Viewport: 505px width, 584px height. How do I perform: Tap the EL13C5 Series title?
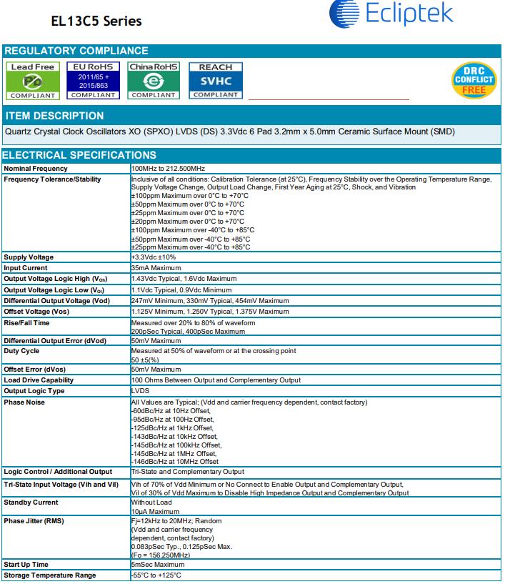(96, 21)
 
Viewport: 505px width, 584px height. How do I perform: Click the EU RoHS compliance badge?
(93, 80)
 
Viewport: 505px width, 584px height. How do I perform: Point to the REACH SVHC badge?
(215, 80)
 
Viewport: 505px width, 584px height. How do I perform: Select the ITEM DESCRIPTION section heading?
(54, 116)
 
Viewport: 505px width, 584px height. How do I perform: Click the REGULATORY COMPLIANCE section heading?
(76, 51)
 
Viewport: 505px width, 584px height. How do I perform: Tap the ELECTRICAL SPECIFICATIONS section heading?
(80, 155)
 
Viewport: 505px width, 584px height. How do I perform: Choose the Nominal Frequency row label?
(36, 169)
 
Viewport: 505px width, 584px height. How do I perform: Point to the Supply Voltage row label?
(29, 257)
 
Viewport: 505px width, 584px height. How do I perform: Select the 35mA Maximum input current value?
(155, 268)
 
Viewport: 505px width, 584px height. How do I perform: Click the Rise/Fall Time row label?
(27, 322)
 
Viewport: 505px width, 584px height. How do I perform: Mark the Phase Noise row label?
(24, 402)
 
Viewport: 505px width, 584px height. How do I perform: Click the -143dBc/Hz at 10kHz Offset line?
(175, 437)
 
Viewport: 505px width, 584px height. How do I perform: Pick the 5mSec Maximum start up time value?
(158, 565)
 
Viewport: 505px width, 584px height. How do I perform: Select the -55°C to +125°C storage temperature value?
(156, 575)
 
